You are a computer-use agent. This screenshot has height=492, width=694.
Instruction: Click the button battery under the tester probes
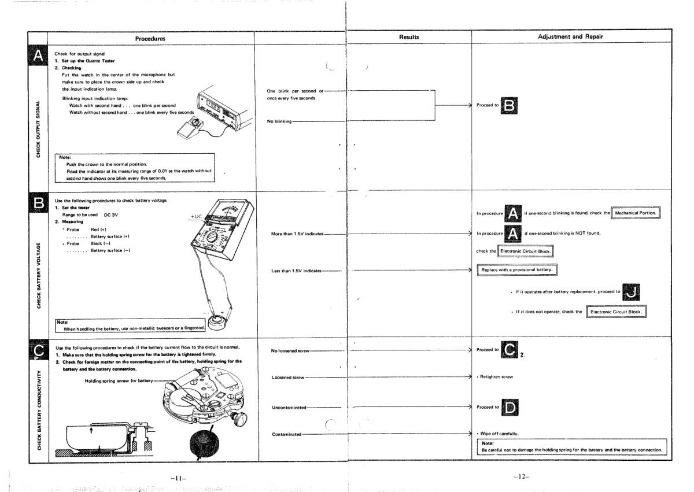coord(219,320)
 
